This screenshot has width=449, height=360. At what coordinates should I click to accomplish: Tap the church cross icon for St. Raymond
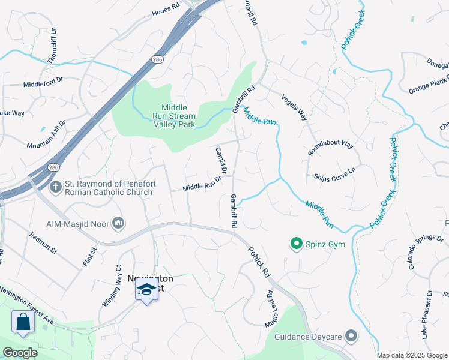(55, 187)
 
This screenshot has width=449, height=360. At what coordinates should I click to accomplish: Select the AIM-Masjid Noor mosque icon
(118, 223)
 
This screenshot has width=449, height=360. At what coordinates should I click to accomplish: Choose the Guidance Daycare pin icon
(351, 336)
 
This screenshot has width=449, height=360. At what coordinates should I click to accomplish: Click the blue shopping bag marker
(23, 321)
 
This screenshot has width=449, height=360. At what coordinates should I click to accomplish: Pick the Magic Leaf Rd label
(271, 310)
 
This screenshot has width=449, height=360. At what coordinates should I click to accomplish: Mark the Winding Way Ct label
(112, 286)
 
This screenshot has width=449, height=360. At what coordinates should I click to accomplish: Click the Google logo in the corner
(20, 353)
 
